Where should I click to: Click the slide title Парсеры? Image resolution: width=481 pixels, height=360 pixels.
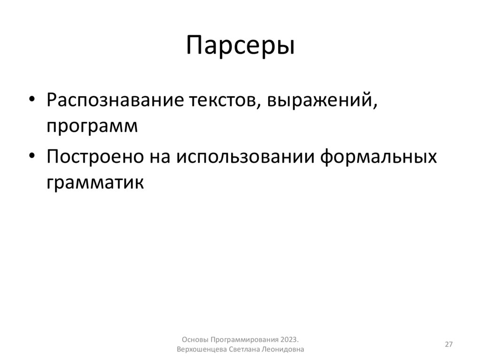(x=240, y=46)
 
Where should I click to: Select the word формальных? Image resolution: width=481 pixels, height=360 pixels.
(x=379, y=156)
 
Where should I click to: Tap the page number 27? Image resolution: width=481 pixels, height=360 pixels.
(x=449, y=345)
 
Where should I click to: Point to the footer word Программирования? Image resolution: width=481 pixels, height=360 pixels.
(x=245, y=339)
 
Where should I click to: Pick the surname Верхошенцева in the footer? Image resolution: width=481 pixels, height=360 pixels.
(x=202, y=350)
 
